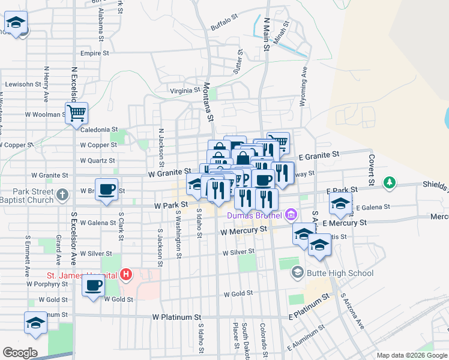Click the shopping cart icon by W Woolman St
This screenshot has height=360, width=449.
tap(77, 112)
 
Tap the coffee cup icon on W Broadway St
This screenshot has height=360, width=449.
tap(107, 189)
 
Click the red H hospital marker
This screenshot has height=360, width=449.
tap(126, 275)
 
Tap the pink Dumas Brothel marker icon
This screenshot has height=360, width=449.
tap(291, 214)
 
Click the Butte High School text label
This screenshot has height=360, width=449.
tap(340, 273)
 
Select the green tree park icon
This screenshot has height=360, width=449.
tap(390, 181)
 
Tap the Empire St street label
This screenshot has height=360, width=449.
tap(94, 53)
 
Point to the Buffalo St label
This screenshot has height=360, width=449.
tap(225, 27)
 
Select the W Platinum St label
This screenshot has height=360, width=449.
tap(176, 317)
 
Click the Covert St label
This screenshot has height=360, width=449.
tap(372, 170)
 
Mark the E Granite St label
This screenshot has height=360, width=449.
tap(319, 155)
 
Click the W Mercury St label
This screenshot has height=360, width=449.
tap(243, 230)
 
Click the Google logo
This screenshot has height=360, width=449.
tap(20, 353)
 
